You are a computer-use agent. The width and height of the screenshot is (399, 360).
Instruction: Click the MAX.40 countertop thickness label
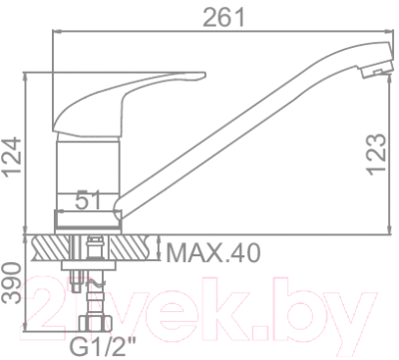(211, 252)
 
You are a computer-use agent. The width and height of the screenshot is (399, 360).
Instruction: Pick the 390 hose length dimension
(13, 285)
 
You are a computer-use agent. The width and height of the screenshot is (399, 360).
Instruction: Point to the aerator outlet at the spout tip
(372, 71)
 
